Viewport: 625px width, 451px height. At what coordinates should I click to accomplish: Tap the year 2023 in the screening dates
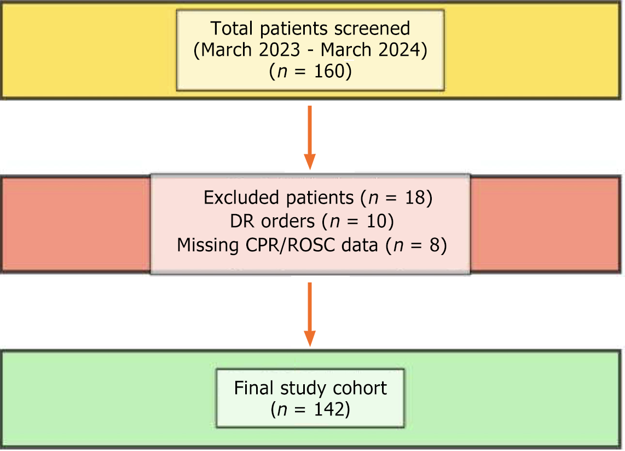[279, 50]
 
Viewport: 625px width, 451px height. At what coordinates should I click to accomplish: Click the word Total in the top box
[232, 28]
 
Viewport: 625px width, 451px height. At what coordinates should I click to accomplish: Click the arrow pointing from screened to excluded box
[310, 137]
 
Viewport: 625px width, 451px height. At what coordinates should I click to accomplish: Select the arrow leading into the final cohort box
[310, 315]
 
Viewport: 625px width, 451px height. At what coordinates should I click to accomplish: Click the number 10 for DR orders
[377, 221]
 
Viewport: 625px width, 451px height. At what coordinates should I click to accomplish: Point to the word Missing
[207, 245]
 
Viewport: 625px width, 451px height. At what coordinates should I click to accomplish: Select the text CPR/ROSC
[290, 245]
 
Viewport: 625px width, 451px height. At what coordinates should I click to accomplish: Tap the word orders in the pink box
[288, 221]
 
